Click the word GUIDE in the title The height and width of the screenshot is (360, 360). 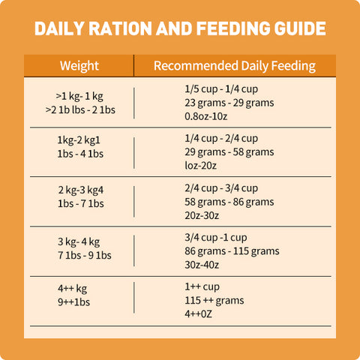click(x=300, y=28)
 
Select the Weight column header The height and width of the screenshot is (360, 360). click(x=79, y=66)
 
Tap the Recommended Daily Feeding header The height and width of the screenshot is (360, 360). click(x=235, y=66)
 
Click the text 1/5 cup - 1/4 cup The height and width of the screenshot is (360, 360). click(x=221, y=89)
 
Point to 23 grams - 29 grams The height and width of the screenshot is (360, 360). click(x=229, y=103)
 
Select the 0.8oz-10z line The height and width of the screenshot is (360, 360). click(x=206, y=116)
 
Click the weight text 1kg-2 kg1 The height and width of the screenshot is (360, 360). click(x=79, y=140)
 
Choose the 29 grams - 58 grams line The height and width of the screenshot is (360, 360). click(x=229, y=152)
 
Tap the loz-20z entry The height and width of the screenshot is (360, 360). click(x=200, y=166)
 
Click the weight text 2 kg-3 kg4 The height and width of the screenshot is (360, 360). click(x=80, y=190)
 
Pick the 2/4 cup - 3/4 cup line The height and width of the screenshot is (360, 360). click(x=221, y=188)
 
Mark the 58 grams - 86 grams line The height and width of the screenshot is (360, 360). click(x=229, y=202)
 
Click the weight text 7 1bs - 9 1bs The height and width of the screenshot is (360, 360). click(x=85, y=255)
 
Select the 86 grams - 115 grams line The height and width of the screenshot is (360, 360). click(x=232, y=251)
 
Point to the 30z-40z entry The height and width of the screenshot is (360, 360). click(x=202, y=265)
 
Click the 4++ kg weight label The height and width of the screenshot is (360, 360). click(x=72, y=289)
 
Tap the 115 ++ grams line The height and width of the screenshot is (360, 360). click(x=214, y=300)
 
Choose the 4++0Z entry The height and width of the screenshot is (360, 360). click(x=198, y=313)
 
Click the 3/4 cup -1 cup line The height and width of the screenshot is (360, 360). click(x=216, y=238)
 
